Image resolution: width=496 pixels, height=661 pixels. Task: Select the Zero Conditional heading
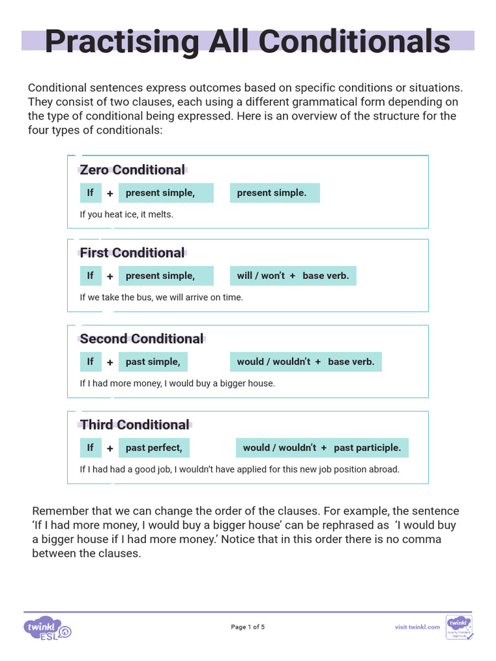(132, 170)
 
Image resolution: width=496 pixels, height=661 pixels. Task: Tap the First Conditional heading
(132, 252)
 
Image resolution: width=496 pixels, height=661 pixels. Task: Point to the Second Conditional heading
(141, 339)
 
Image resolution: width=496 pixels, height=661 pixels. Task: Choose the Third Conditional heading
(135, 425)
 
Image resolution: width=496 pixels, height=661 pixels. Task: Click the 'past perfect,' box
(154, 447)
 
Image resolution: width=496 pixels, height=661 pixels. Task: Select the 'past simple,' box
(152, 361)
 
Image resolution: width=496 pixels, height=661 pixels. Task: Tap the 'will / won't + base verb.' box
(293, 276)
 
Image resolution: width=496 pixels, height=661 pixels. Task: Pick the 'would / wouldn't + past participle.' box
(322, 447)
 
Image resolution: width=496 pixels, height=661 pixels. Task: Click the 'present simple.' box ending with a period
(274, 192)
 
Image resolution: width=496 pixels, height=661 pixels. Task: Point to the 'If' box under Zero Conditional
(90, 192)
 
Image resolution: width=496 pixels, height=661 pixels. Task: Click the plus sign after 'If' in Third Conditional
(110, 448)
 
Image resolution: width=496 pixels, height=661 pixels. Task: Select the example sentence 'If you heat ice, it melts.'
(127, 214)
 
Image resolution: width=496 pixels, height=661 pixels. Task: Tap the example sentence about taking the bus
(161, 298)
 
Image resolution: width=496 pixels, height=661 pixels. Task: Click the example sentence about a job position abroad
(240, 469)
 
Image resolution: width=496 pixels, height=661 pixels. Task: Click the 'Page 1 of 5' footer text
(248, 627)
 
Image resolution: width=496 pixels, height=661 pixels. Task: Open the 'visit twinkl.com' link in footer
(417, 627)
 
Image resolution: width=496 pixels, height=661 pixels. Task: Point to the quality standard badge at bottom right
(459, 627)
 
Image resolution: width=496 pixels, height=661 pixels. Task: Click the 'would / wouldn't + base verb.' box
(305, 361)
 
